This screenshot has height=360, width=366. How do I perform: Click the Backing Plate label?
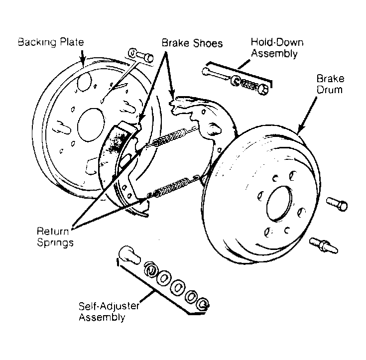tap(51, 42)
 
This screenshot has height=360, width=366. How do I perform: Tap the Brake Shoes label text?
tap(192, 43)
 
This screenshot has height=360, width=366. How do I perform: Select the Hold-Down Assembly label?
tap(277, 48)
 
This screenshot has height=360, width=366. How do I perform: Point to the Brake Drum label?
tap(330, 84)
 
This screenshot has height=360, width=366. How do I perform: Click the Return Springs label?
tap(55, 237)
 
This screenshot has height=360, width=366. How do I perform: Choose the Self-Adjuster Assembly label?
tap(109, 311)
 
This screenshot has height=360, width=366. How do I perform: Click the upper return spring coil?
tap(170, 138)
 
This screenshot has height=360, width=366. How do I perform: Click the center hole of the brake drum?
tap(279, 204)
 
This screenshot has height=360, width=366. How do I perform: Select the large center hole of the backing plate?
tap(91, 125)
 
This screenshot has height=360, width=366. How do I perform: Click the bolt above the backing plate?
tap(141, 55)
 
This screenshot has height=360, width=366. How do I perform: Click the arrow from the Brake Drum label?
tap(307, 115)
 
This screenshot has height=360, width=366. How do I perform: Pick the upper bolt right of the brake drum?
tap(337, 204)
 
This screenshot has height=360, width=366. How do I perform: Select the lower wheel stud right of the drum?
tap(324, 245)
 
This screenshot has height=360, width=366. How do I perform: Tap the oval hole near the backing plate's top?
tap(84, 82)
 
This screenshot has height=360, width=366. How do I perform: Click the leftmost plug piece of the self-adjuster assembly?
tap(129, 255)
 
